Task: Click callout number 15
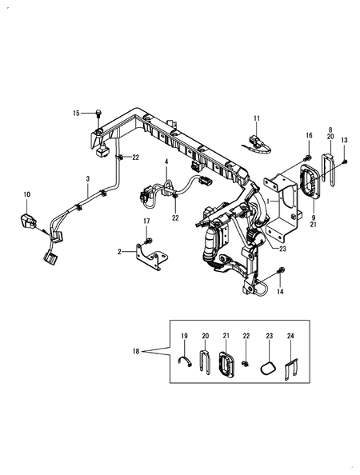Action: click(76, 114)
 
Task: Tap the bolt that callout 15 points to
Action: click(98, 114)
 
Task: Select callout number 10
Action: click(27, 194)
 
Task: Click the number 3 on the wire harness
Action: click(88, 179)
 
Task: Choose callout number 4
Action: click(166, 162)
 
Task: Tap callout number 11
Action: click(257, 118)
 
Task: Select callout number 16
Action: click(309, 135)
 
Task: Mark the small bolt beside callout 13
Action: click(345, 162)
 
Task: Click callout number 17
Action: click(146, 222)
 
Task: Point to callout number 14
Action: click(280, 292)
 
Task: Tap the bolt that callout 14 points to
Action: click(281, 269)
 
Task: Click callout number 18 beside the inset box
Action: click(136, 351)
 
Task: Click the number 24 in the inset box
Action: click(290, 336)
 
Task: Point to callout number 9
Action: click(314, 218)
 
